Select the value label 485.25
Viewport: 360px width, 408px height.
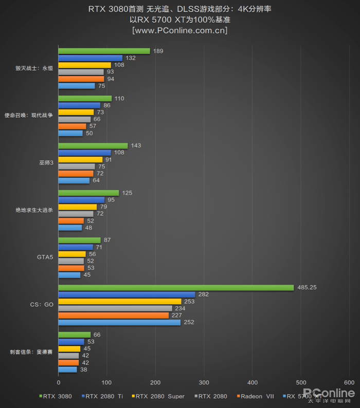[x=307, y=288]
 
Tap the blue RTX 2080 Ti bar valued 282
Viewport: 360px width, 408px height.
[x=127, y=294]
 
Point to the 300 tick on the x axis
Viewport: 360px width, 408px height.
[x=204, y=382]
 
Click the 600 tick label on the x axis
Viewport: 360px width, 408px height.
[x=349, y=382]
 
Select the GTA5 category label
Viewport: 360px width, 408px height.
[x=45, y=257]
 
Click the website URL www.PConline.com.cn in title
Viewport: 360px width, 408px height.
[x=179, y=30]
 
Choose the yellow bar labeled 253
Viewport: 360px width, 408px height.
[x=119, y=301]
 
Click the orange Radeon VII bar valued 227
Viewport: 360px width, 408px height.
[x=113, y=315]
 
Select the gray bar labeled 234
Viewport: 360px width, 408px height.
[x=115, y=308]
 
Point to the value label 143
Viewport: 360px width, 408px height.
[x=135, y=145]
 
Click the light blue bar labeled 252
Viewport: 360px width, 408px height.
[x=119, y=322]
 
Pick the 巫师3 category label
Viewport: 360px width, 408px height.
[x=46, y=163]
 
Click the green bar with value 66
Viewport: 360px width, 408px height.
[x=74, y=335]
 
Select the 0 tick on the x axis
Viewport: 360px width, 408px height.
[x=58, y=382]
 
